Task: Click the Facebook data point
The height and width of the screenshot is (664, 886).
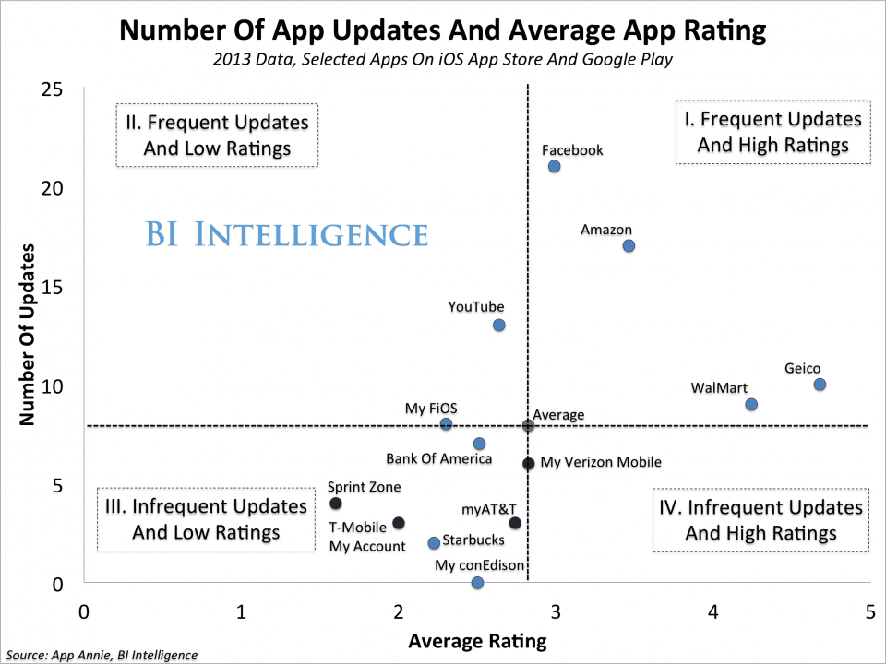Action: click(554, 166)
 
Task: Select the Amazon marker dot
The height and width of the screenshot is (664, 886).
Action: click(629, 245)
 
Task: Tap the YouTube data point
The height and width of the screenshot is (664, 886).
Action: click(498, 325)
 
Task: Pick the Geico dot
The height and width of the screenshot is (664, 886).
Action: click(820, 384)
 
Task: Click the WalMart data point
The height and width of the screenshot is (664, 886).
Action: click(751, 404)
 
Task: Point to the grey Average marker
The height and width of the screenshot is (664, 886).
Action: click(528, 425)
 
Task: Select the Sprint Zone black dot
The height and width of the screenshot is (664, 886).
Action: click(336, 503)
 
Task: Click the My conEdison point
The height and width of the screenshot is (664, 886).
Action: click(477, 582)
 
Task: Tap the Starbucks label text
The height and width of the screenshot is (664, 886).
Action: click(473, 540)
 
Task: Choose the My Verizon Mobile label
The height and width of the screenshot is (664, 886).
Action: click(601, 463)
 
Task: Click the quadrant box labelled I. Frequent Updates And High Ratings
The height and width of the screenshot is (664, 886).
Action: click(772, 133)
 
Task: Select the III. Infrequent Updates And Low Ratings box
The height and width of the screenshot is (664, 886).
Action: click(206, 519)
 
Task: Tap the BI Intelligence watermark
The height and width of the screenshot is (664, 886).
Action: click(287, 234)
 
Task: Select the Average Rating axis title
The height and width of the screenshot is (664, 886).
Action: click(477, 640)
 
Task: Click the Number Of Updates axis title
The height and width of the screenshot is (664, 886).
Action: click(28, 334)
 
